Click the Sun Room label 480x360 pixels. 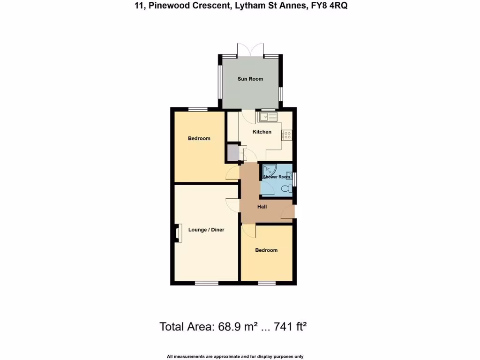(250, 79)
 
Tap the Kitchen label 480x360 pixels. (262, 132)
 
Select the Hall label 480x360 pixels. (262, 206)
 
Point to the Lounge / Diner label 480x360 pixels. (206, 230)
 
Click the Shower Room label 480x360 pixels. (276, 177)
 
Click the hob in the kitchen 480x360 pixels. (287, 135)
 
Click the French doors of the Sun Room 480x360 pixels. (251, 50)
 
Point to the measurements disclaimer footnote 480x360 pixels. (235, 357)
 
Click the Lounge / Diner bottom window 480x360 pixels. (207, 283)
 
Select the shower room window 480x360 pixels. (294, 179)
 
